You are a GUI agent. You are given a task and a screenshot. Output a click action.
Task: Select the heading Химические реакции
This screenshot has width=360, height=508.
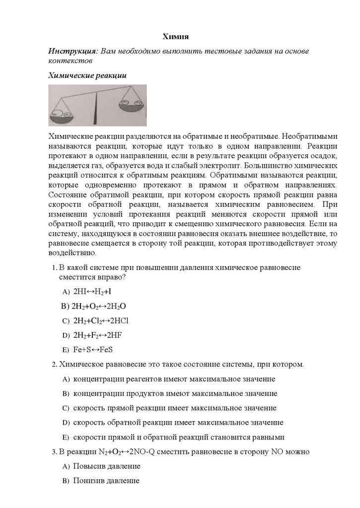87,76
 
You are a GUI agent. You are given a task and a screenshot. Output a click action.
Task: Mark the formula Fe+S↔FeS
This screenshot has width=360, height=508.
91,349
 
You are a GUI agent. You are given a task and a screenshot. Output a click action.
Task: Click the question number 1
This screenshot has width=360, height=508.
55,267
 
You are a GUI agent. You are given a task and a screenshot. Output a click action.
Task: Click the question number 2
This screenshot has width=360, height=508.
55,365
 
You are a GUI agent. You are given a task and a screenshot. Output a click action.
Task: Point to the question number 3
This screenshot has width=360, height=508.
55,452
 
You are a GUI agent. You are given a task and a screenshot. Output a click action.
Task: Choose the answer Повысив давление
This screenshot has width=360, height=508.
107,466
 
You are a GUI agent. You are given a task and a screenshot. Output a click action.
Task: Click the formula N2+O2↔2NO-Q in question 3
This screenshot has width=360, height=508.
130,452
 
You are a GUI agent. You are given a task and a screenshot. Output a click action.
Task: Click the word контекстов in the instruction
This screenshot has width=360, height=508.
70,61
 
